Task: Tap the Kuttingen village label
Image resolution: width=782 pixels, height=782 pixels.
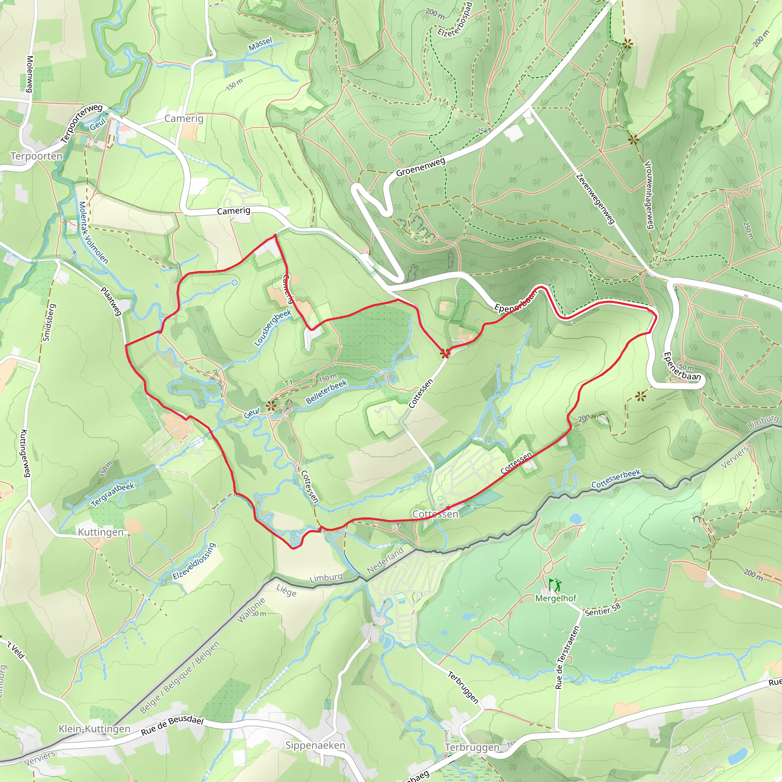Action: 101,532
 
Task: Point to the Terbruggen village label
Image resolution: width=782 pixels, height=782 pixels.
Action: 472,747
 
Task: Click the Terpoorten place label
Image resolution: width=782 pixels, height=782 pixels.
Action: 36,156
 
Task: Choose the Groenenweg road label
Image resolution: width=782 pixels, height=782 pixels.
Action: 420,167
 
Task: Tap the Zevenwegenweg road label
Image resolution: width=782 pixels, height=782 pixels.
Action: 595,199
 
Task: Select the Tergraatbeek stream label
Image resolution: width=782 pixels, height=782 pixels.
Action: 113,494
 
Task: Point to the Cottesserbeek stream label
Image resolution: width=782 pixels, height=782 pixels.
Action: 616,478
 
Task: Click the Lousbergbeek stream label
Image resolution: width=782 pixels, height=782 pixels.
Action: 273,328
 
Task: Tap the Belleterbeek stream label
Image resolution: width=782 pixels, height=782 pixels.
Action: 326,392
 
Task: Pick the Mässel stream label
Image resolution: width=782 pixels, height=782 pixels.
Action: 260,44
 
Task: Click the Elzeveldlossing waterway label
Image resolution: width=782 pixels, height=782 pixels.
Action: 194,562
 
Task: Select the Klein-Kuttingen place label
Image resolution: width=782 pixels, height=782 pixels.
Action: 94,729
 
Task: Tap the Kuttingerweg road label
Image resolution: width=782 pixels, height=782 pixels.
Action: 25,453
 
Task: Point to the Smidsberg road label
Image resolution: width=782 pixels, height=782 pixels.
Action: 49,323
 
